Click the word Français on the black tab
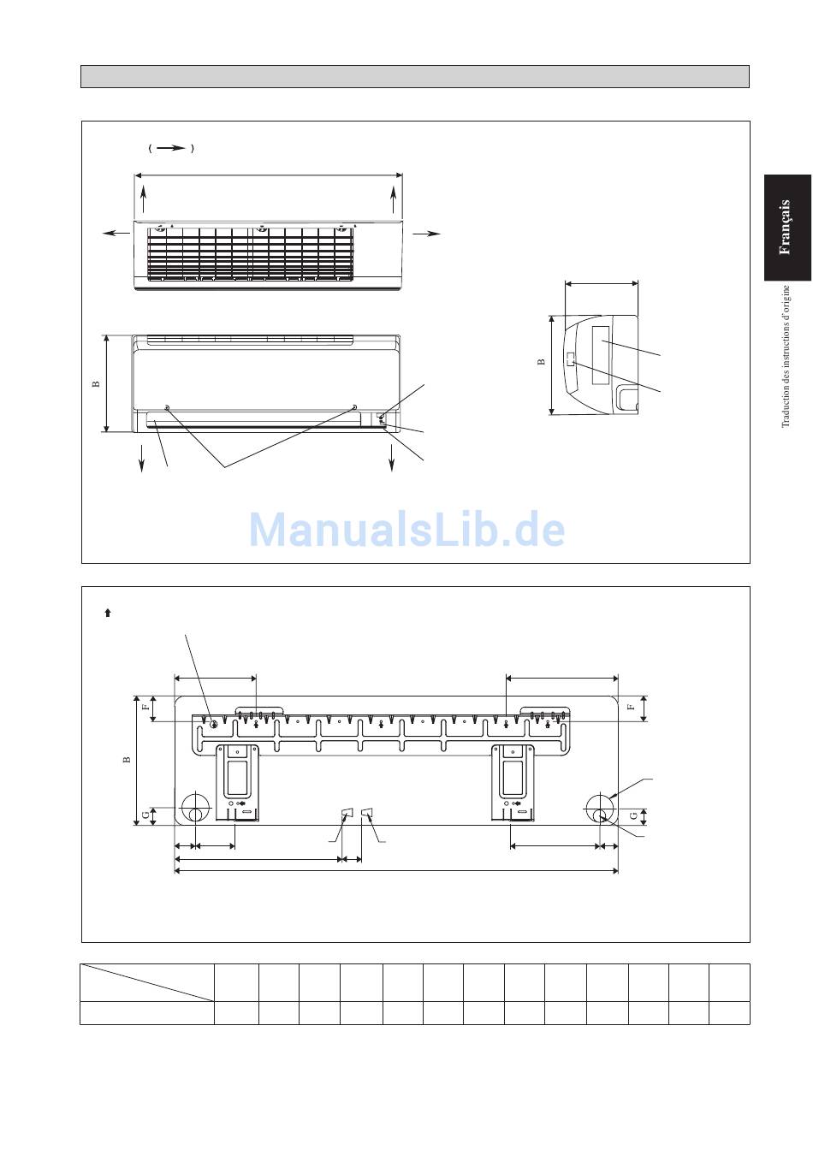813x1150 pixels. pos(784,227)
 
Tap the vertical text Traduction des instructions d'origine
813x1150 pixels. pos(786,356)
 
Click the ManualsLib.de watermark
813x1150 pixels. pos(406,529)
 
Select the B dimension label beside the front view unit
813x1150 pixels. pos(96,383)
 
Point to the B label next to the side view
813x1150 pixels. pos(541,361)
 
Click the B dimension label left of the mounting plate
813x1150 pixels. pos(127,759)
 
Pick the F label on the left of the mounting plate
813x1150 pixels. pos(146,707)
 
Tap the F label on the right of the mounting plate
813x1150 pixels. pos(632,707)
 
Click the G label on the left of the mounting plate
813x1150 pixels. pos(146,815)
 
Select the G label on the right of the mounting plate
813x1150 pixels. pos(633,815)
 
